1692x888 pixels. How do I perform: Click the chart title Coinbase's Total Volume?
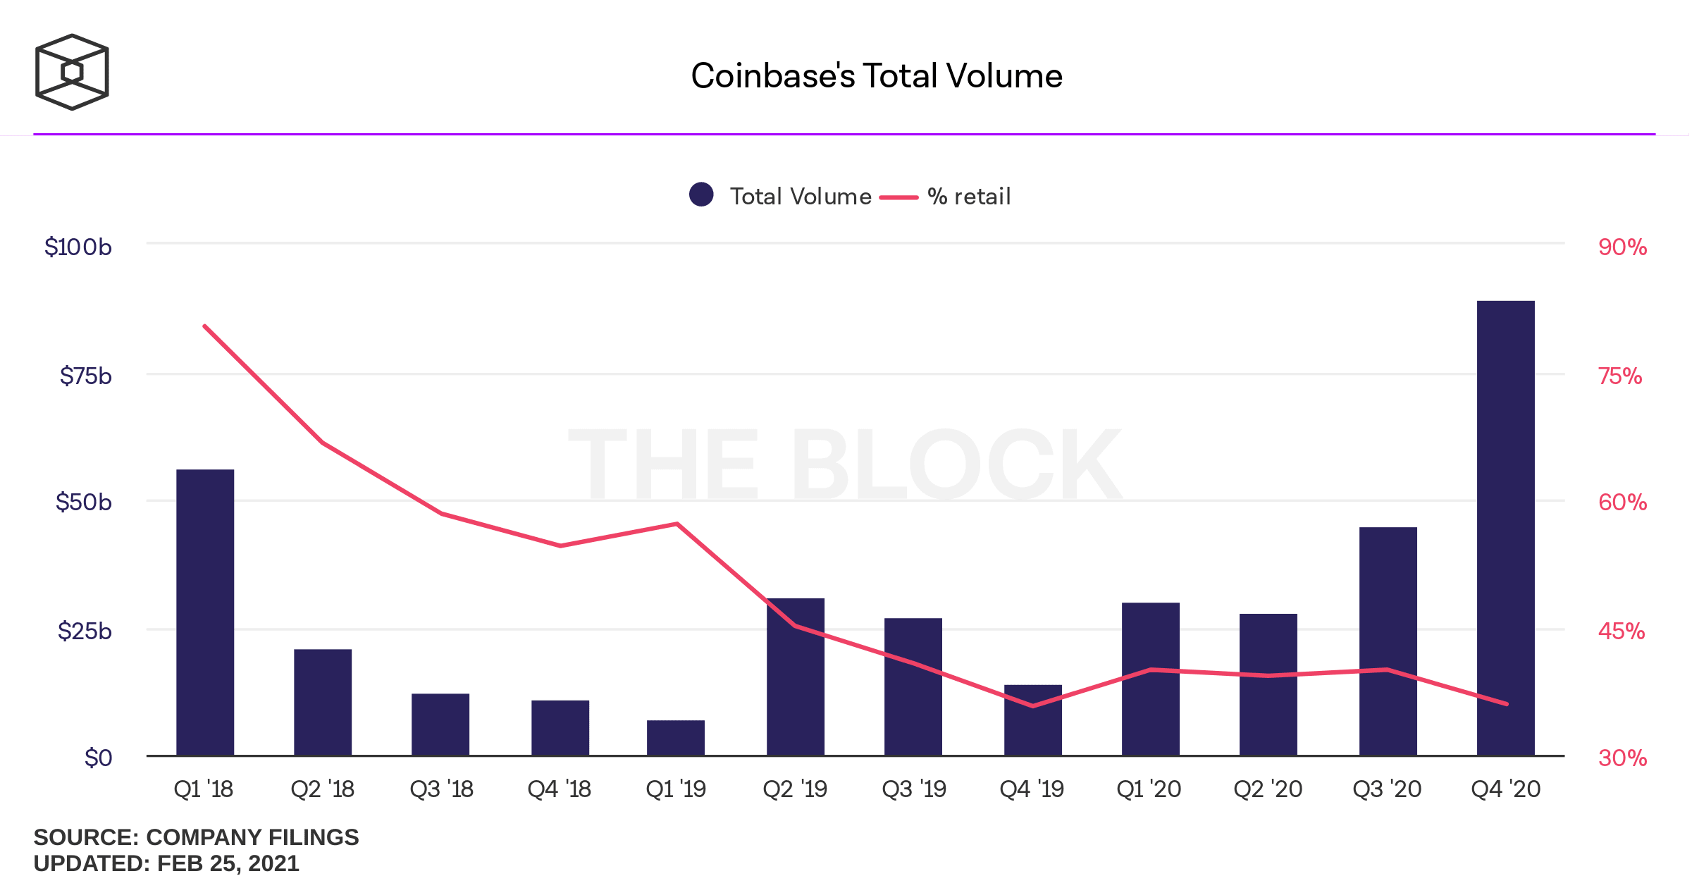(x=876, y=76)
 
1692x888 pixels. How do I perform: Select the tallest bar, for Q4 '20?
(x=1505, y=529)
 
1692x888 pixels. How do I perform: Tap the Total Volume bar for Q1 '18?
(x=205, y=613)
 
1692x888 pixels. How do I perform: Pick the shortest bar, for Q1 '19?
(x=676, y=738)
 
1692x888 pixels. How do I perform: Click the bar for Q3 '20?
(x=1388, y=641)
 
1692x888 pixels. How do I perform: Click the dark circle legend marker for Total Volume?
(x=701, y=195)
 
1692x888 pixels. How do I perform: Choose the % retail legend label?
(x=969, y=197)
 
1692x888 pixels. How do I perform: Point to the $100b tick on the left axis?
(x=78, y=247)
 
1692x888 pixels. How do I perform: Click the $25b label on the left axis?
(x=85, y=631)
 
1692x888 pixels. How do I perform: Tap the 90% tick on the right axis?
(x=1622, y=247)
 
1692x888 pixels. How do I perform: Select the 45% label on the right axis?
(x=1622, y=631)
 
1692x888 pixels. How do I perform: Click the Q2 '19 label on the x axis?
(x=795, y=789)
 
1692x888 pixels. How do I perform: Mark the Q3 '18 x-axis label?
(x=442, y=789)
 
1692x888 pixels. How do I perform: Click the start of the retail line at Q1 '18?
(x=204, y=326)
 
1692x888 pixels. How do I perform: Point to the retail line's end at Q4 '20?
(x=1506, y=703)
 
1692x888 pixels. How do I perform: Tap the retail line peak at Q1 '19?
(x=677, y=524)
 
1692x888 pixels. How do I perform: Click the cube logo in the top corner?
(x=72, y=72)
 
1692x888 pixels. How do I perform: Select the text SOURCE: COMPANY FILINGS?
(x=196, y=837)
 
